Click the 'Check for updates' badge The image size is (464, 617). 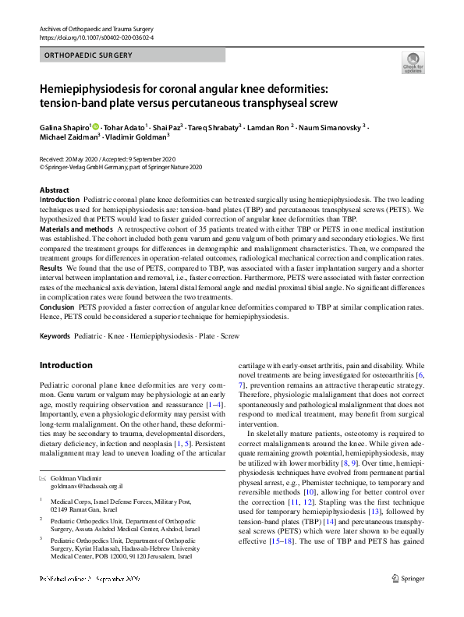click(413, 62)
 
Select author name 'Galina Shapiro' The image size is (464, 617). click(66, 126)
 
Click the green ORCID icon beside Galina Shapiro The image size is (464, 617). click(96, 126)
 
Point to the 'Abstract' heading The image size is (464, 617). click(55, 190)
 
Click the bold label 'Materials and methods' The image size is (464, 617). click(74, 230)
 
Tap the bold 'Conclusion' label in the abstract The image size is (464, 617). click(57, 308)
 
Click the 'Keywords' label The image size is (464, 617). click(55, 336)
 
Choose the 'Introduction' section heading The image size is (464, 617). click(66, 365)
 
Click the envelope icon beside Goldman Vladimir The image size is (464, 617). click(43, 477)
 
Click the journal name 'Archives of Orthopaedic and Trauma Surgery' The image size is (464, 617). click(99, 29)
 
